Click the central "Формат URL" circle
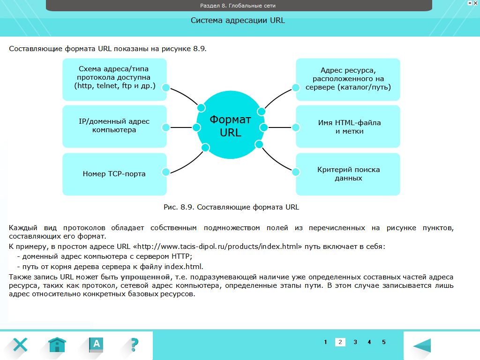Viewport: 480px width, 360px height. [x=230, y=126]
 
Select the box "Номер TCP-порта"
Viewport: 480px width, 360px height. [x=114, y=174]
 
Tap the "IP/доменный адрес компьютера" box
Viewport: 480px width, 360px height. [x=114, y=126]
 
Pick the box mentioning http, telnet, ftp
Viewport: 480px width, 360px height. [x=114, y=79]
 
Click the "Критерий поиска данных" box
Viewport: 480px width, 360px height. [x=348, y=174]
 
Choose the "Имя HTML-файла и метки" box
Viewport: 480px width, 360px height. [x=348, y=127]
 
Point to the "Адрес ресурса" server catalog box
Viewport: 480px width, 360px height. [x=348, y=79]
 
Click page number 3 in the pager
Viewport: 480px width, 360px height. [x=355, y=342]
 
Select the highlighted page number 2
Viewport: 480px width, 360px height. [x=341, y=342]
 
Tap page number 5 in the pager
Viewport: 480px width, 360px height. [x=384, y=342]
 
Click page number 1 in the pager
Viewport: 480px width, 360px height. [x=326, y=342]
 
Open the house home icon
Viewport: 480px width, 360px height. [x=57, y=345]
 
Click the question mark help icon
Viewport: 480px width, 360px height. [x=134, y=345]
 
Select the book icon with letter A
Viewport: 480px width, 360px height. [x=96, y=345]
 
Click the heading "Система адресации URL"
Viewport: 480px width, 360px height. [x=238, y=21]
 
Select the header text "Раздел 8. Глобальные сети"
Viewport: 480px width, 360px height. [x=238, y=6]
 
